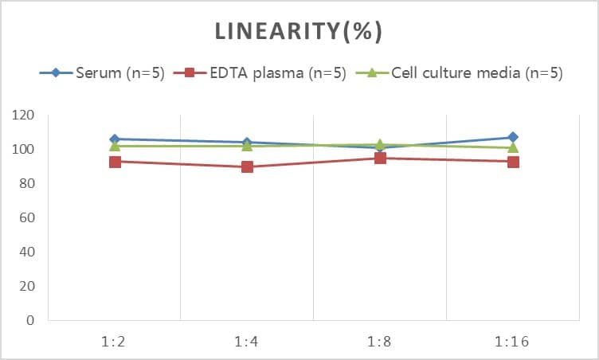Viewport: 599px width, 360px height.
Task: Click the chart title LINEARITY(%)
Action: click(299, 32)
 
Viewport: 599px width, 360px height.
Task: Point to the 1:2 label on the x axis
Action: click(115, 342)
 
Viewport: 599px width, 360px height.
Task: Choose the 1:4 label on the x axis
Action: click(247, 342)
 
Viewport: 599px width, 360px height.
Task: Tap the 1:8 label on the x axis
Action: click(380, 342)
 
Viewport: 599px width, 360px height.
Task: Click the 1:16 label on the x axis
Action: click(512, 342)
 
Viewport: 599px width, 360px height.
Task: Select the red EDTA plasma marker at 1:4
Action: click(247, 167)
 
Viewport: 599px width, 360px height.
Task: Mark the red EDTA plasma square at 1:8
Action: click(380, 158)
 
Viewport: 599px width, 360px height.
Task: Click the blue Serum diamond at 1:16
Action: click(512, 138)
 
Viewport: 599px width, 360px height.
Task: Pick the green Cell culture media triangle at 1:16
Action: click(512, 147)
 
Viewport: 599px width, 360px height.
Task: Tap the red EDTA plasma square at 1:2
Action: click(115, 162)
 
